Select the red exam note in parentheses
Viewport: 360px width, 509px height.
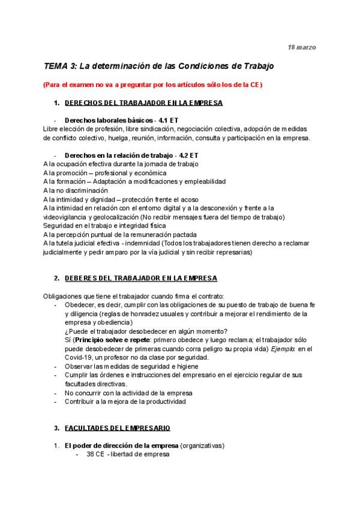click(x=153, y=85)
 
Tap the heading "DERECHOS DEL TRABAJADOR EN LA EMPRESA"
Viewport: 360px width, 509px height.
click(x=143, y=103)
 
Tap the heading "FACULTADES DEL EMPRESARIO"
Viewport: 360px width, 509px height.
click(x=117, y=428)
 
